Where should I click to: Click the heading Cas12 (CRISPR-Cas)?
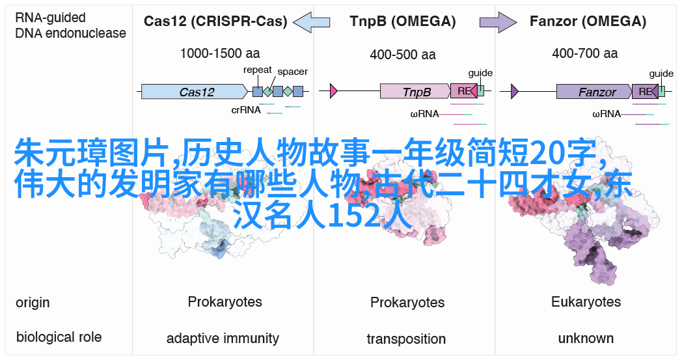(x=215, y=21)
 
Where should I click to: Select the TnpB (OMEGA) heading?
(x=403, y=21)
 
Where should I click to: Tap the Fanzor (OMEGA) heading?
(x=588, y=21)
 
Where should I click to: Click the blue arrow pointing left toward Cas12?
(x=312, y=21)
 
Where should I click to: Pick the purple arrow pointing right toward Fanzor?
(x=498, y=21)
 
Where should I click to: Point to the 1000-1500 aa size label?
(x=220, y=53)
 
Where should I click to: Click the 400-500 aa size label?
(x=403, y=55)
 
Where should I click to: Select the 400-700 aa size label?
(x=585, y=53)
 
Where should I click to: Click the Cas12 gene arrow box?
(x=195, y=91)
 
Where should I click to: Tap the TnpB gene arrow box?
(x=415, y=91)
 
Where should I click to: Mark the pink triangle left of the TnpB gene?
(x=334, y=91)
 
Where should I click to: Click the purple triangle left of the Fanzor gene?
(x=515, y=91)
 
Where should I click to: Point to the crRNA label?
(x=246, y=110)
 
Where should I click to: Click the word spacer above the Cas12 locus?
(x=292, y=72)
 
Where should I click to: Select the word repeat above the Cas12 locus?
(x=258, y=70)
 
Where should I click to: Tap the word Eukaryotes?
(x=586, y=302)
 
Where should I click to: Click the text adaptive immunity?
(x=223, y=339)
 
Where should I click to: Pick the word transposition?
(x=406, y=339)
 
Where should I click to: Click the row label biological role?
(x=59, y=337)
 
